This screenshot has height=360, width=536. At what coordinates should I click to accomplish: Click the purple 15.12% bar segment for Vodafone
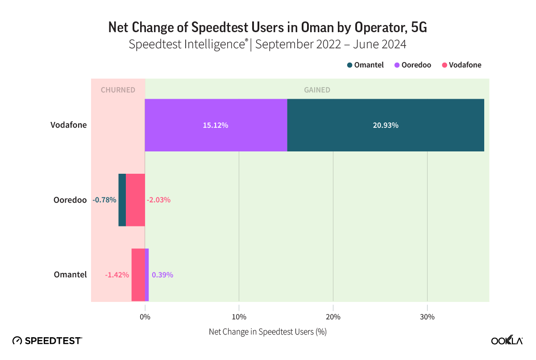pos(216,125)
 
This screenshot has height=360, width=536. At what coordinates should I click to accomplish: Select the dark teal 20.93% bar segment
pos(386,125)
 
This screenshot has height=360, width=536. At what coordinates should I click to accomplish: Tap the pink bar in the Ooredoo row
pos(135,200)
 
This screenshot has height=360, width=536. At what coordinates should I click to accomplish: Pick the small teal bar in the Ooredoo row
pos(122,200)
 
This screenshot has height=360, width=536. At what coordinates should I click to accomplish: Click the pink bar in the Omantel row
pos(138,275)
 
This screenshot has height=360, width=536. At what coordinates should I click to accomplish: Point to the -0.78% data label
pos(104,200)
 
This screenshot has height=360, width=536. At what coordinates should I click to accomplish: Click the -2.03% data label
pos(158,200)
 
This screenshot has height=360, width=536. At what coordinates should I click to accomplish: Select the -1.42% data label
pos(117,275)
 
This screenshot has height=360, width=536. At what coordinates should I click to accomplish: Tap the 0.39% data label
pos(162,275)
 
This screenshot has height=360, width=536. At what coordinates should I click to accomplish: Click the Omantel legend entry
pos(366,65)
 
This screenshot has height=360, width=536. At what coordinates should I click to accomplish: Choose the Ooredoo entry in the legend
pos(413,65)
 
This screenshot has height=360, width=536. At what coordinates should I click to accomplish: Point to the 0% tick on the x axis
pos(145,317)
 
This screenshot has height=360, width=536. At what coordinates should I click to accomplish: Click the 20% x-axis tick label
pos(333,317)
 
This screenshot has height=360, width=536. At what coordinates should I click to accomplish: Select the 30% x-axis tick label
pos(427,317)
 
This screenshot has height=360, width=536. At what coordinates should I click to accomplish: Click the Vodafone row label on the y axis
pos(68,125)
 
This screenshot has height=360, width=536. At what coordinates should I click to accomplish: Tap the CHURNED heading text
pos(118,90)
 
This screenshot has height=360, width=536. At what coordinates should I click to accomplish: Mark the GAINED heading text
pos(317,90)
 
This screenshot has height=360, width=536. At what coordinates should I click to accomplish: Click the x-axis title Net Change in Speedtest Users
pos(268,332)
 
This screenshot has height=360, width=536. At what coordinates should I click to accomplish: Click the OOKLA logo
pos(507,340)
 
